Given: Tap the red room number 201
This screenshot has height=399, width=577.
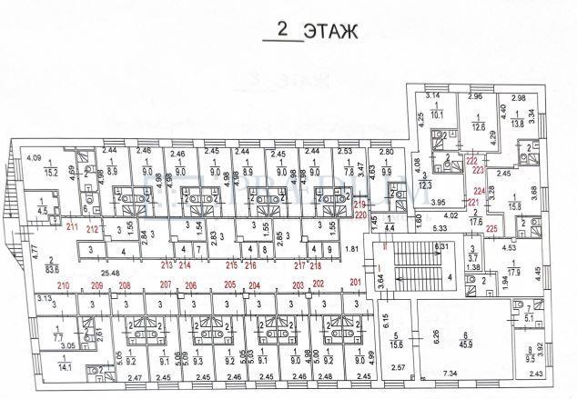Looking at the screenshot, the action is (354, 283).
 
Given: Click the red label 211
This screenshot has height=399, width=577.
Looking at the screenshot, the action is (73, 227).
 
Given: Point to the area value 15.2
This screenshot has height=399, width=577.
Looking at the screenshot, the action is (53, 170).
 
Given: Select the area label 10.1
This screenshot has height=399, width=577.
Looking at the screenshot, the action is (435, 115).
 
